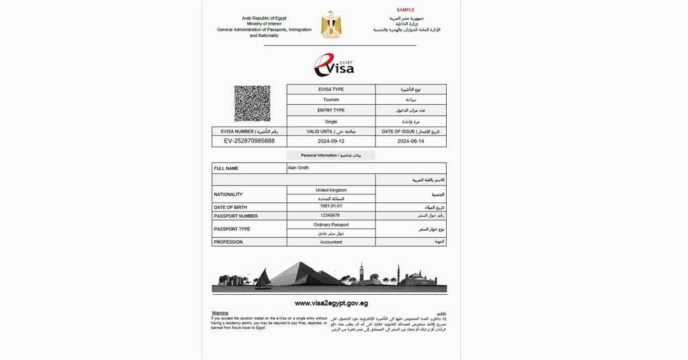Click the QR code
252,103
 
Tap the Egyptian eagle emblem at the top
331,24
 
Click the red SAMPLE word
406,10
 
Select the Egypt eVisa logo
334,65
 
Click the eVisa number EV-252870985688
249,141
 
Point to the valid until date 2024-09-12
331,142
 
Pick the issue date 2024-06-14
411,142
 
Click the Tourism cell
331,99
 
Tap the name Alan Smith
298,168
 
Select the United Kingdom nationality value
331,190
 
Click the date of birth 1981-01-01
331,207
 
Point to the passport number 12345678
331,216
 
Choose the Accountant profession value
331,242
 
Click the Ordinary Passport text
331,224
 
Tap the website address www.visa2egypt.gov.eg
331,303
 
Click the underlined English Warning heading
220,313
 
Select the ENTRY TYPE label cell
331,110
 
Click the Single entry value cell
331,122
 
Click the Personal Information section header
331,155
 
